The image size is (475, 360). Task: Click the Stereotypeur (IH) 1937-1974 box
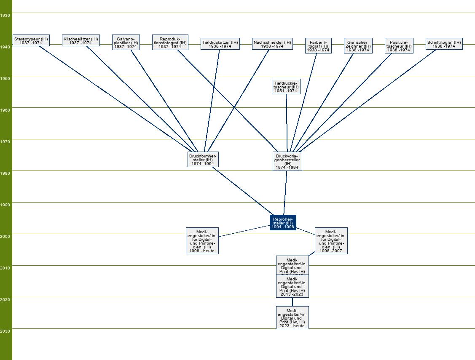tap(31, 40)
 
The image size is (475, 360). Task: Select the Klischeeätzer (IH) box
tap(81, 40)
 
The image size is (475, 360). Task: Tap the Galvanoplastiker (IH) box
tap(126, 43)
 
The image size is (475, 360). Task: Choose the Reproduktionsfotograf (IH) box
tap(170, 43)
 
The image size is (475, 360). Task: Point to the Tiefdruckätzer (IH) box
tap(220, 44)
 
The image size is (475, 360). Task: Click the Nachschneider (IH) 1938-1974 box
tap(272, 44)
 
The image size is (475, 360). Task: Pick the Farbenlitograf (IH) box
tap(318, 46)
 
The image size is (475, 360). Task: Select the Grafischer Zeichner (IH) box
tap(358, 46)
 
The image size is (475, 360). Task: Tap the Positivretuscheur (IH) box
tap(399, 46)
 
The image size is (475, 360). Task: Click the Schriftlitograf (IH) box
tap(444, 44)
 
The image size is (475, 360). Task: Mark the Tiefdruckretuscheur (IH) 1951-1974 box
tap(286, 87)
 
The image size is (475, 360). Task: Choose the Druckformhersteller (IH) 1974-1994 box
tap(203, 160)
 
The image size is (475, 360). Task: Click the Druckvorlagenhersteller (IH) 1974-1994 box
tap(287, 161)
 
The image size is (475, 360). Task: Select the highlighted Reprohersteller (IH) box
tap(283, 223)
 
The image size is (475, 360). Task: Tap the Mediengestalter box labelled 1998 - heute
tap(202, 241)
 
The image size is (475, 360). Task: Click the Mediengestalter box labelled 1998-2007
tap(331, 241)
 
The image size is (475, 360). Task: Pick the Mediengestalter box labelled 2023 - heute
tap(292, 318)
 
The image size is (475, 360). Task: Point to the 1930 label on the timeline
tap(5, 15)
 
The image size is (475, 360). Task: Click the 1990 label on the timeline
tap(5, 205)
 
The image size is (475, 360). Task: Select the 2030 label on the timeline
tap(5, 331)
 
